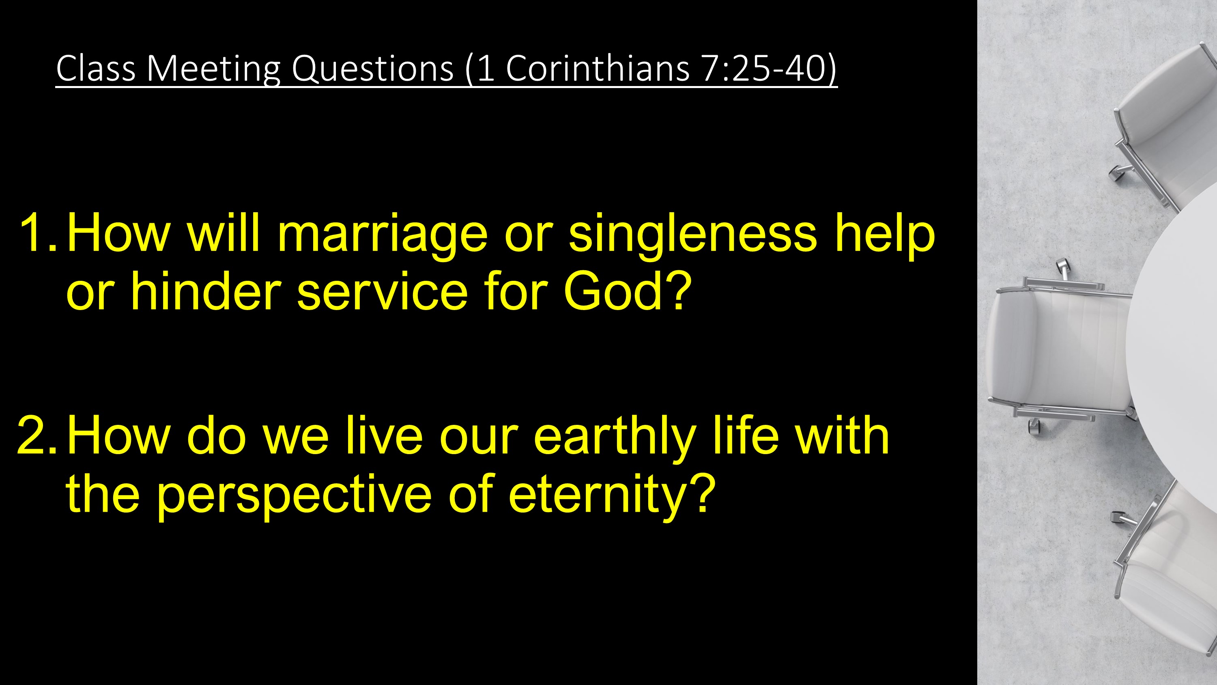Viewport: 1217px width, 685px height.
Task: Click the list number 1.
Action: click(38, 233)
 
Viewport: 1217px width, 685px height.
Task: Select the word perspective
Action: click(294, 496)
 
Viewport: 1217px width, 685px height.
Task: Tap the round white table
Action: click(1176, 340)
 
